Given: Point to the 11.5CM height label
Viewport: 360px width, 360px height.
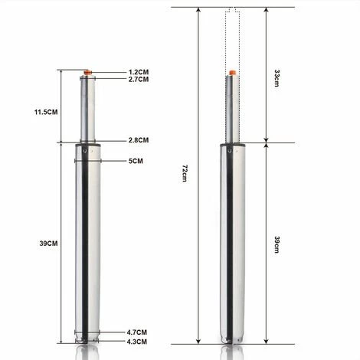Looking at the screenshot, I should point(47,112).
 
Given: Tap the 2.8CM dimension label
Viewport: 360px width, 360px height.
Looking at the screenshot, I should point(138,140).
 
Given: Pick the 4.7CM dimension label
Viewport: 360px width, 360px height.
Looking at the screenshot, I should point(138,332).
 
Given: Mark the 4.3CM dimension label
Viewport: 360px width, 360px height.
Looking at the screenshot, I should point(138,341).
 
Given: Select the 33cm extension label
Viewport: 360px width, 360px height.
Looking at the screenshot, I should point(277,76).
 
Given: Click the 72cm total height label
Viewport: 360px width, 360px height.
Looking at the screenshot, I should point(185,175).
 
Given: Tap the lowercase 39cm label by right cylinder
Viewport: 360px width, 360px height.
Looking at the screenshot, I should point(277,244).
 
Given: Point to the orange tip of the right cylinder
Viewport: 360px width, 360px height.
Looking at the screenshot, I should point(232,73).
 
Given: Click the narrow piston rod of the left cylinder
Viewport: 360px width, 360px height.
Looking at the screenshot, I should point(88,107).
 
